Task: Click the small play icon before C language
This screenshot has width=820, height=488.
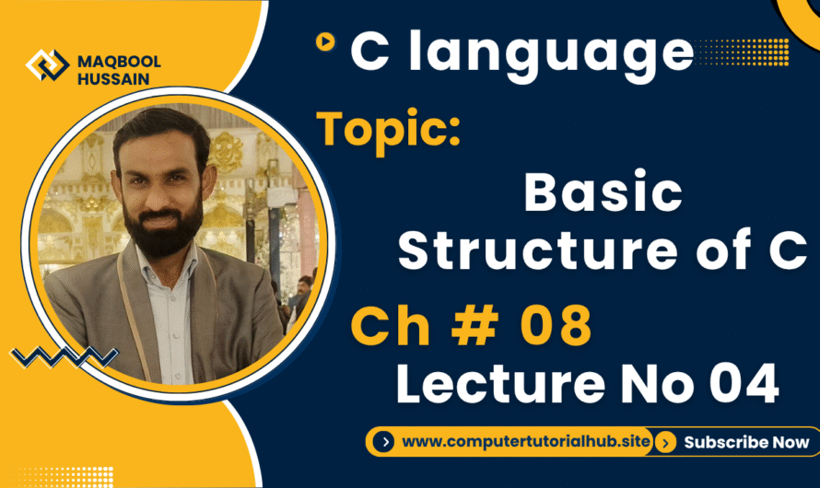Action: [x=323, y=41]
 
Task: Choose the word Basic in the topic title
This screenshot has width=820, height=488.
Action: [x=603, y=193]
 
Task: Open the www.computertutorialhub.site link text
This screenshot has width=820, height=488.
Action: [x=527, y=442]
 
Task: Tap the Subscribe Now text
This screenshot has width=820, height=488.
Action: [x=746, y=442]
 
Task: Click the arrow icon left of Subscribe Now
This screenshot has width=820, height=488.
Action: [x=668, y=442]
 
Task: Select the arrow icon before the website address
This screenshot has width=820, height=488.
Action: [x=385, y=442]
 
